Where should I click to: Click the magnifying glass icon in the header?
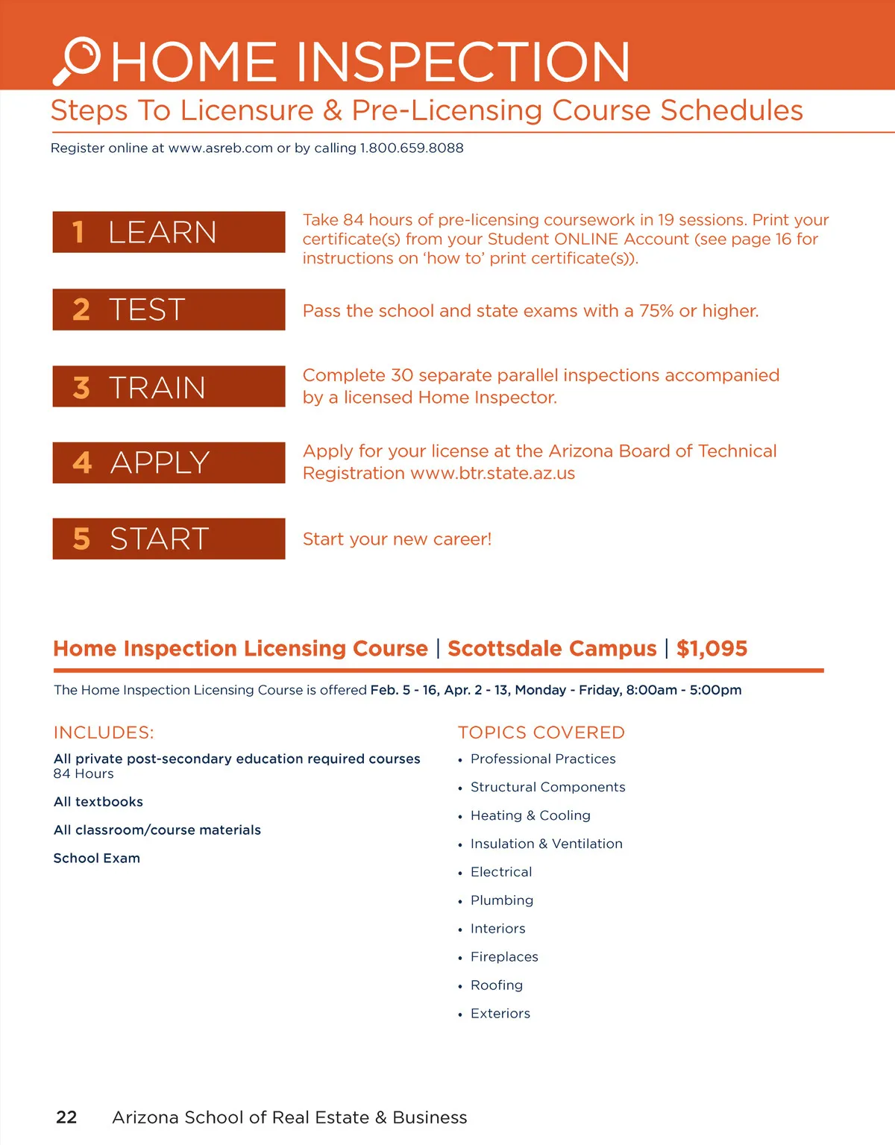[x=78, y=60]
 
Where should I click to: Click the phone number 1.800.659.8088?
[x=412, y=148]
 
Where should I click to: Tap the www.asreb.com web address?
[x=221, y=148]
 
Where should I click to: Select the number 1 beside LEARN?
[x=78, y=232]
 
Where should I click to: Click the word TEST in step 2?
[x=147, y=310]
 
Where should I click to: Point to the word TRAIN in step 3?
[x=157, y=388]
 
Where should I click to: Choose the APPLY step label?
[x=160, y=462]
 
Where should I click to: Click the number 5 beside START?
[x=81, y=539]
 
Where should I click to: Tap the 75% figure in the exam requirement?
[x=656, y=311]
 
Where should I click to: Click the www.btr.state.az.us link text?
[x=493, y=474]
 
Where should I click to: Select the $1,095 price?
[x=712, y=648]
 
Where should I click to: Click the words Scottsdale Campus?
[x=552, y=648]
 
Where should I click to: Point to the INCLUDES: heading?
[x=104, y=733]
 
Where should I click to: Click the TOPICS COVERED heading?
[x=541, y=733]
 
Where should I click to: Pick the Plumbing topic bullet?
[x=502, y=900]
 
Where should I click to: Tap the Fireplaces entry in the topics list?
[x=504, y=957]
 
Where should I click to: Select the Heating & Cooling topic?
[x=530, y=815]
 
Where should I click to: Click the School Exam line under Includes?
[x=97, y=858]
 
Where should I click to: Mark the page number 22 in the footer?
[x=66, y=1117]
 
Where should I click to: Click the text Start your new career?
[x=397, y=539]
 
